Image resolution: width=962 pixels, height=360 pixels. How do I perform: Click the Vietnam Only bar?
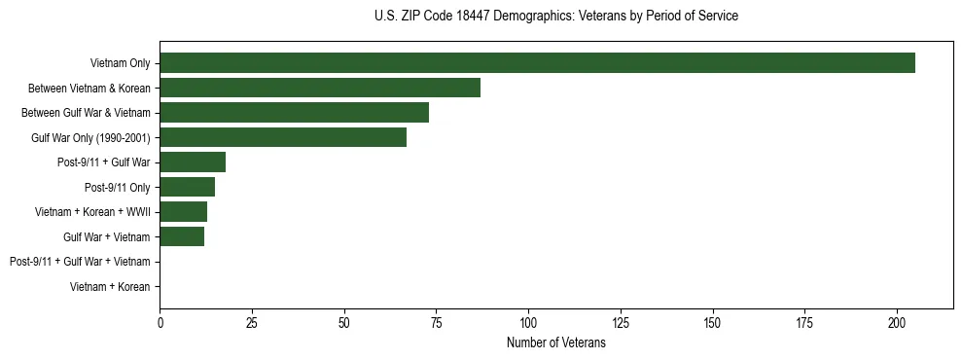click(x=537, y=63)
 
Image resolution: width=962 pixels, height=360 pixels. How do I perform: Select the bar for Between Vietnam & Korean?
click(x=320, y=88)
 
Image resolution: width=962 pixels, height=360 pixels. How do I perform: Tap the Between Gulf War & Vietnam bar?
click(x=294, y=113)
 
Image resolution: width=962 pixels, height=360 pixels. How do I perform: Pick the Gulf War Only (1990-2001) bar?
click(x=283, y=137)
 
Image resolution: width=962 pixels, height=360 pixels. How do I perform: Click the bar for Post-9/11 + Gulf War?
click(x=193, y=162)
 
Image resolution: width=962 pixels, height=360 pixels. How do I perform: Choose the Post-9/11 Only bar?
click(x=187, y=187)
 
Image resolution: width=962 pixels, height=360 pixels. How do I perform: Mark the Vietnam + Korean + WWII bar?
click(x=183, y=212)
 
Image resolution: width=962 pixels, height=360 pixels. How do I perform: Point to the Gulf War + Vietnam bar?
click(x=182, y=236)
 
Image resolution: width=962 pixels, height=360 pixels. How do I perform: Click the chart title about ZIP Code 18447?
click(x=555, y=17)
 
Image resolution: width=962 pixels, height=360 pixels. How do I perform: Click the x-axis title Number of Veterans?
click(x=555, y=343)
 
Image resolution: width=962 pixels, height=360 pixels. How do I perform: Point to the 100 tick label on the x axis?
click(x=528, y=322)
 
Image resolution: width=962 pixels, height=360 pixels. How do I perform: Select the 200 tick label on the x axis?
click(x=897, y=322)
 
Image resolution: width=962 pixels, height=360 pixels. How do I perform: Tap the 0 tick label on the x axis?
click(x=160, y=322)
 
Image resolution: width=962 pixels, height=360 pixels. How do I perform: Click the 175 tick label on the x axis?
click(x=805, y=322)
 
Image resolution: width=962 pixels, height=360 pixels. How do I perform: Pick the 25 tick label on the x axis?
click(x=252, y=322)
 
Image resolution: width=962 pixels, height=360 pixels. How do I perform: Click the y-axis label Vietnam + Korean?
click(x=110, y=287)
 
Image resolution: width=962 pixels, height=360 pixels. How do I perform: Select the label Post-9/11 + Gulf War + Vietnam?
click(x=80, y=262)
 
